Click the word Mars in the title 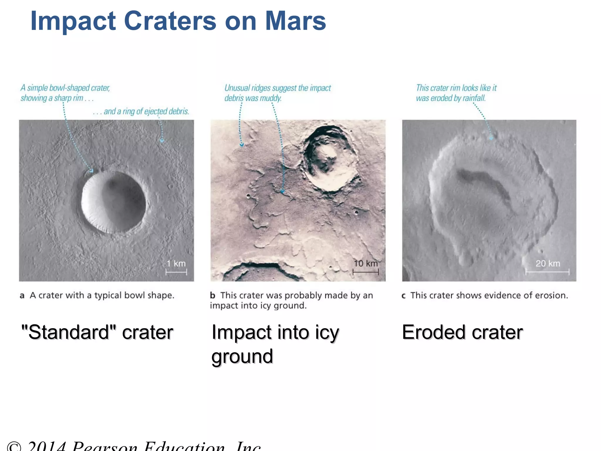pos(295,21)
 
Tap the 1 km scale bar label pos(176,263)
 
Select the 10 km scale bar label pos(366,263)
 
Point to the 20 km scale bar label pos(548,263)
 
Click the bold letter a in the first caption pos(22,295)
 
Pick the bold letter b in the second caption pos(213,295)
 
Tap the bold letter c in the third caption pos(404,296)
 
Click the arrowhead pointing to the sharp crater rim pos(91,171)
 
